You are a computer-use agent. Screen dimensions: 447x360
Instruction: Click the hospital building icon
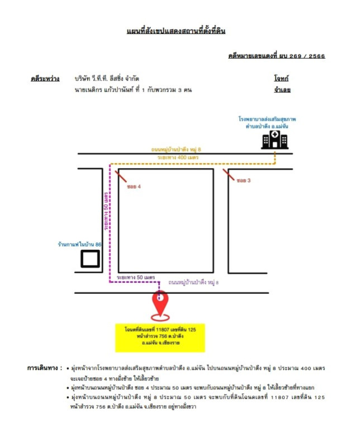pos(275,140)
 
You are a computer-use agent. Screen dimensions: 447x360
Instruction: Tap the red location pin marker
pos(160,305)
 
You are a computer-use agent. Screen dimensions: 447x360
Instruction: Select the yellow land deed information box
pos(160,337)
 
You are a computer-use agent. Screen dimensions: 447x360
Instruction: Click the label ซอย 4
pos(134,186)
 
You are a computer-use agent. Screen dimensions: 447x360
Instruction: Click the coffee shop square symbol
pos(90,260)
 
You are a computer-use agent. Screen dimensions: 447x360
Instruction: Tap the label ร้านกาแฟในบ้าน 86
pos(79,245)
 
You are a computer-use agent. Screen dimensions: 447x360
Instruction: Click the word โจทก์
pos(281,78)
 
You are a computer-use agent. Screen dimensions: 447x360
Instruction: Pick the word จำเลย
pos(281,89)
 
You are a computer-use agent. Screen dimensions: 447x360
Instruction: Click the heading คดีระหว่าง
pos(45,79)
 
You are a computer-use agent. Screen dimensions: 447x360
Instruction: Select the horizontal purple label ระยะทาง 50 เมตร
pos(136,277)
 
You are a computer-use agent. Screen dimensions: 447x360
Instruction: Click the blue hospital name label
pos(267,123)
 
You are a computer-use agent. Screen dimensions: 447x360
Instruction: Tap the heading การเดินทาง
pos(44,368)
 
